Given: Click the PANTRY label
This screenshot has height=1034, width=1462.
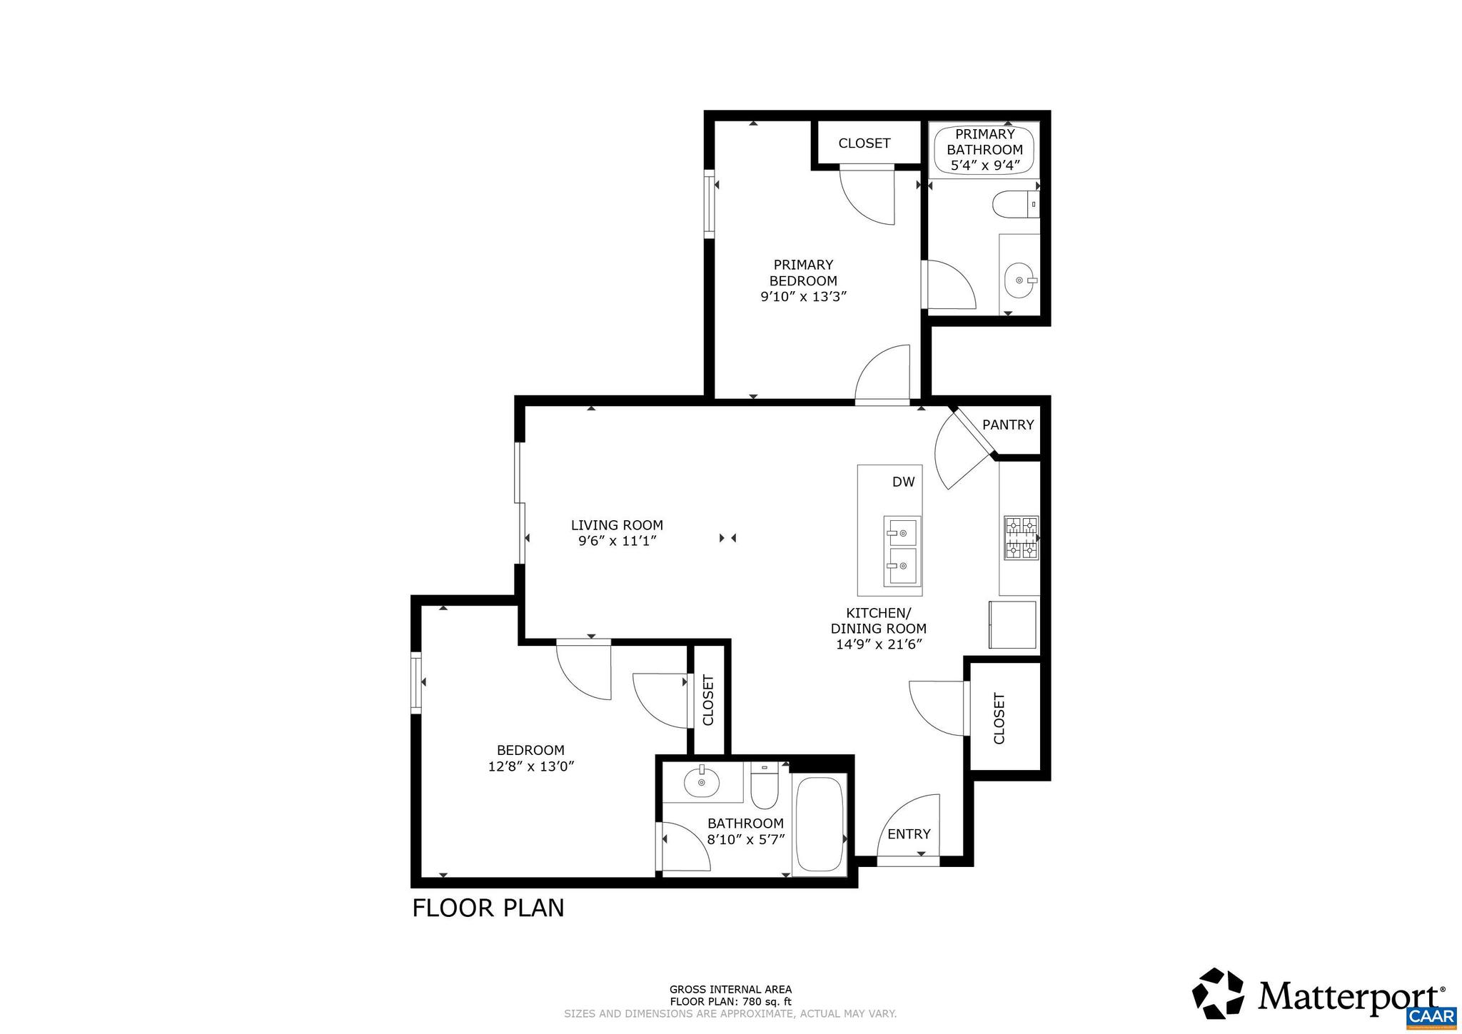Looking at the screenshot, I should (x=1007, y=425).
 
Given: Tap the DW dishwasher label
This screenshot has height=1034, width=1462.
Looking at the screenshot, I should (x=903, y=482).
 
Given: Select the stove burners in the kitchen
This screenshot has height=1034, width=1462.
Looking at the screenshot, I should (x=1022, y=537).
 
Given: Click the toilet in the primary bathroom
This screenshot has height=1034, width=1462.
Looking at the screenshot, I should (x=1012, y=204).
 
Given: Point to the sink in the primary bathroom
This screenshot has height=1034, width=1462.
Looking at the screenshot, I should (x=1019, y=281).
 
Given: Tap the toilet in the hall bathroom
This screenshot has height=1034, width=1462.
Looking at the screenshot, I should (x=764, y=786).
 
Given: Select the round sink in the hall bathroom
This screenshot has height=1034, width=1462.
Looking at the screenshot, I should (x=702, y=784).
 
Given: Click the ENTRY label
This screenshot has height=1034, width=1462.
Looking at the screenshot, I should (x=908, y=834).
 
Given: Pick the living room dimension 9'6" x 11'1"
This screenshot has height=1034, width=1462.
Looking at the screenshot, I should (x=617, y=542).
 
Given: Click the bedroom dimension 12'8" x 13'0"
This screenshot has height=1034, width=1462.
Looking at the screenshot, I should (x=530, y=767).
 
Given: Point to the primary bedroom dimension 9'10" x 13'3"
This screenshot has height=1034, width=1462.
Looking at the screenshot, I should (x=803, y=297).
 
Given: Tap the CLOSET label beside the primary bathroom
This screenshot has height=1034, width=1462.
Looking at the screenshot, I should (x=864, y=143).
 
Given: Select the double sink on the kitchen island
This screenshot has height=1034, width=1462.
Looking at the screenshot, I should (x=902, y=550).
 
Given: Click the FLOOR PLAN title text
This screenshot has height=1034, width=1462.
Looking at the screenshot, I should (x=488, y=908).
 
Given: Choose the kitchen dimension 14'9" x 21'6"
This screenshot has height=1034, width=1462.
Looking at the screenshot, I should (x=879, y=645).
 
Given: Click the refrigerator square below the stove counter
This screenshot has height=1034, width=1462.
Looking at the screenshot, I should (x=1012, y=624).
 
